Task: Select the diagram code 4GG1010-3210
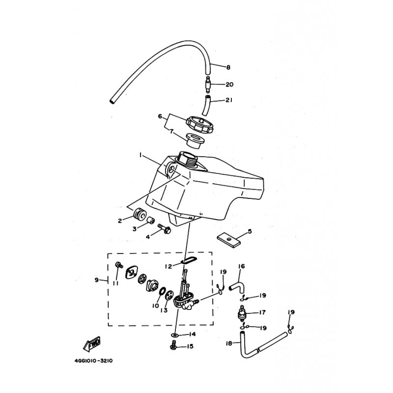point(93,361)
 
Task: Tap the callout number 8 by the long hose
point(228,67)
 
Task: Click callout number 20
point(229,84)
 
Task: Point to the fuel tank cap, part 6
point(200,124)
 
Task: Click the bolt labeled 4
point(165,228)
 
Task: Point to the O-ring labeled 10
point(162,291)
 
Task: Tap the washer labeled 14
point(175,335)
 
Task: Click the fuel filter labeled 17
point(242,313)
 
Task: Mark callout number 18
point(229,343)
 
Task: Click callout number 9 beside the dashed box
point(97,280)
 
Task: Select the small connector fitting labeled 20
point(208,84)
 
